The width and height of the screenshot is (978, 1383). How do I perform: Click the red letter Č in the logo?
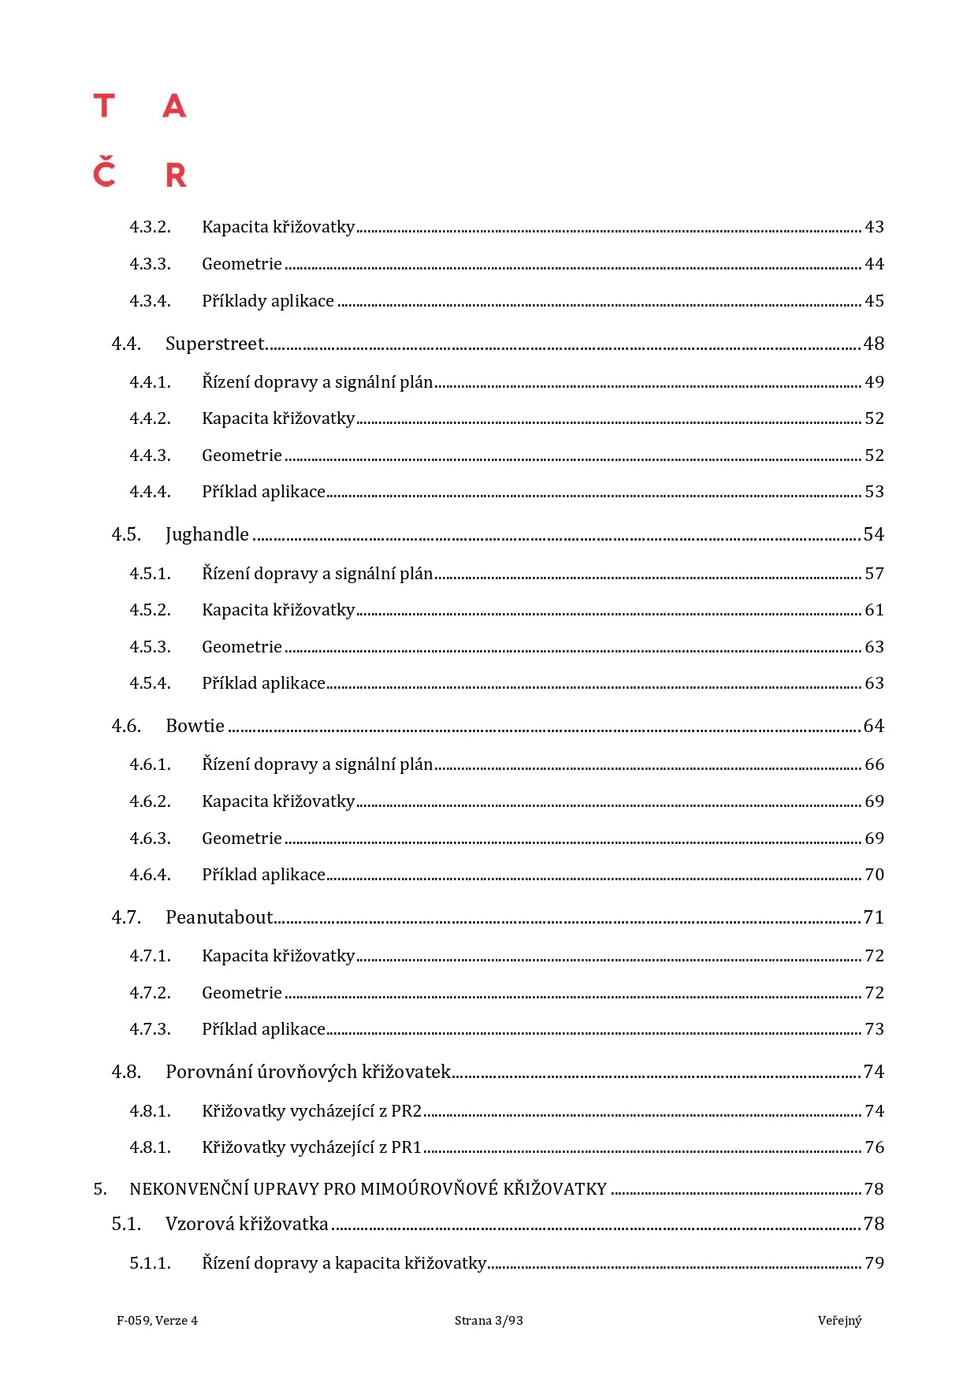point(104,173)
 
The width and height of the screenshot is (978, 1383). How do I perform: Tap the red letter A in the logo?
point(174,106)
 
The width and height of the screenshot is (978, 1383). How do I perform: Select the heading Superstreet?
point(215,344)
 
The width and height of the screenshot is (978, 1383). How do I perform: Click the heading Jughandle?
point(206,534)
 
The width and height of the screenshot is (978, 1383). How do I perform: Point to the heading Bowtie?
point(195,726)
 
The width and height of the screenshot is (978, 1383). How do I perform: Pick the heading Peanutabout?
point(219,917)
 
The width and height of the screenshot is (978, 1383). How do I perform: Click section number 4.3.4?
point(150,301)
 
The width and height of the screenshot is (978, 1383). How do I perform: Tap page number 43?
point(874,227)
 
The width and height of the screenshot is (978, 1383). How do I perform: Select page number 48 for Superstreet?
point(873,344)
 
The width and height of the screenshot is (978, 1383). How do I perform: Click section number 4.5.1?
point(150,574)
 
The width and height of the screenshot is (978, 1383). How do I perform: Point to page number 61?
point(874,610)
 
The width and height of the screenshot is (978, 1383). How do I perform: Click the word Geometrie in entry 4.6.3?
point(241,838)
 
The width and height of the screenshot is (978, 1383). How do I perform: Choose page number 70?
point(874,875)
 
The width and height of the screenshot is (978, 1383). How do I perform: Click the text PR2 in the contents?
point(407,1111)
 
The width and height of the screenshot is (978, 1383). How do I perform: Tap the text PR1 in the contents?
point(407,1147)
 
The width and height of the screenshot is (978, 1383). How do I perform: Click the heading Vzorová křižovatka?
point(247,1224)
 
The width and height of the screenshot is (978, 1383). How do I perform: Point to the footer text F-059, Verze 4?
point(157,1321)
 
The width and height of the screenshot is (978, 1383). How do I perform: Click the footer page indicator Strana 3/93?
point(489,1321)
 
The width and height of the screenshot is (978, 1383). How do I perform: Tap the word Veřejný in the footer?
point(839,1321)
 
